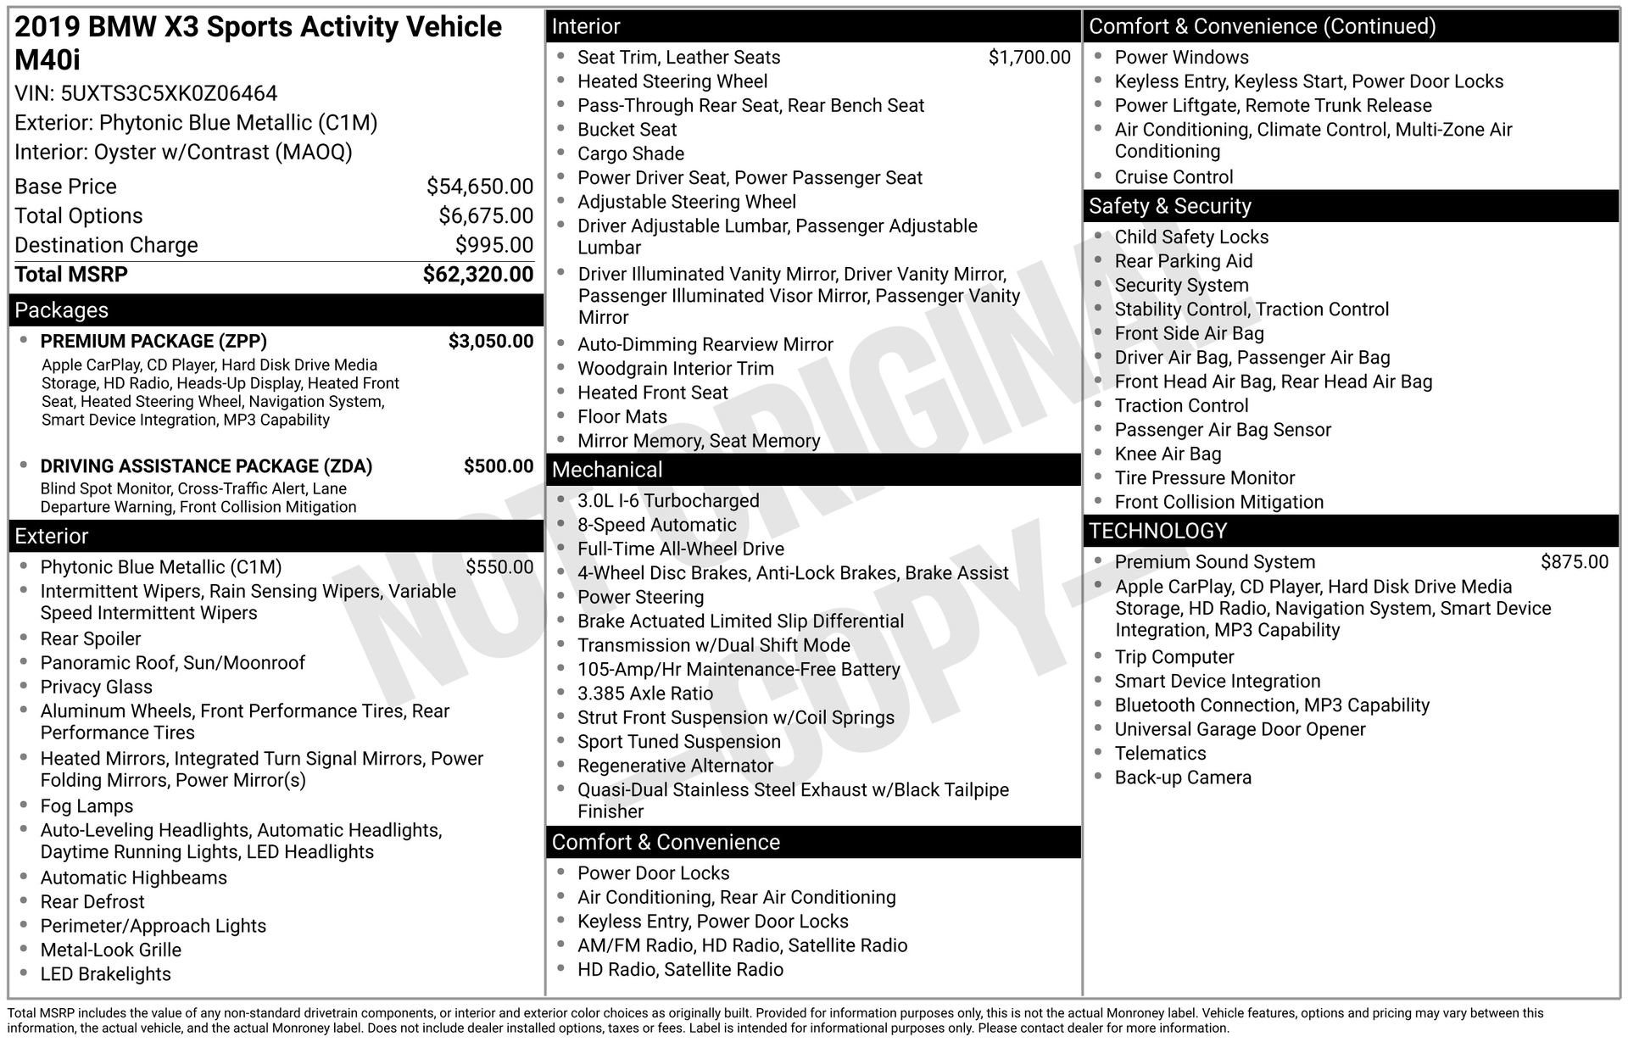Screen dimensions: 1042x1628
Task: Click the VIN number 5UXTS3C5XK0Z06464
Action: [x=169, y=93]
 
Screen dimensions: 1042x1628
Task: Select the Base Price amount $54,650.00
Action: [x=480, y=187]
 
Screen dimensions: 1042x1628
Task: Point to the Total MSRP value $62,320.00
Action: [x=478, y=275]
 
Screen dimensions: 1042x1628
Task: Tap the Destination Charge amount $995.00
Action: [x=494, y=245]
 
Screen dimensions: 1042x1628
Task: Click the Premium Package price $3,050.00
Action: [x=491, y=342]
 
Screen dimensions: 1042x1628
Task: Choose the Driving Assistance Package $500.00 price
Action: [x=499, y=466]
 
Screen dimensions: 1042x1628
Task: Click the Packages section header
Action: [x=62, y=310]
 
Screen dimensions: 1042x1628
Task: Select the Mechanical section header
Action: [x=607, y=470]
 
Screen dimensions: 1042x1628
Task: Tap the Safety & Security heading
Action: [x=1169, y=206]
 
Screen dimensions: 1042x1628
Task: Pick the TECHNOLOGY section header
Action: [x=1157, y=531]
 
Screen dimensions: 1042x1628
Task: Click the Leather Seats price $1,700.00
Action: [x=1029, y=58]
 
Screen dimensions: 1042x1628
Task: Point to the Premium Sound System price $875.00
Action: [x=1574, y=562]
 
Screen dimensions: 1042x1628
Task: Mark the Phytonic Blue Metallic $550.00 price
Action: [x=499, y=567]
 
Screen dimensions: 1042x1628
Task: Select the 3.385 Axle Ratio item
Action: [x=645, y=694]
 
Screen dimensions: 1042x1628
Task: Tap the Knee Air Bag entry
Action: [x=1168, y=454]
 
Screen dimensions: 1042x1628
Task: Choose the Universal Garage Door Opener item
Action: [x=1240, y=730]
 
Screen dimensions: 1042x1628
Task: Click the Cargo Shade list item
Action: [x=631, y=154]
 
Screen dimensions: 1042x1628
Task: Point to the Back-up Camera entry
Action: [x=1183, y=778]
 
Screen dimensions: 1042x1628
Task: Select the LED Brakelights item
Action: [x=106, y=975]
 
